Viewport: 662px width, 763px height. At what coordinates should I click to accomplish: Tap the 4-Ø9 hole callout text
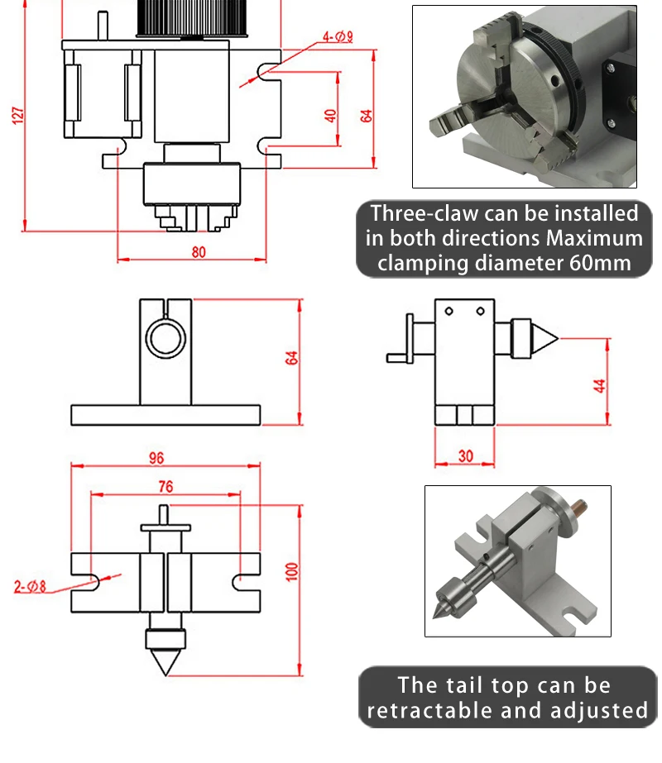pos(338,36)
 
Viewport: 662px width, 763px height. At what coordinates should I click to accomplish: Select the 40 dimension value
pos(331,115)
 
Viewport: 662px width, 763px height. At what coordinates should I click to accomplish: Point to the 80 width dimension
pos(198,252)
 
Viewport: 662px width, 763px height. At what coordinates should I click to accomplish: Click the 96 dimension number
pos(156,456)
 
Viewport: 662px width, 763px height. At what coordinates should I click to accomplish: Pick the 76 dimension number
pos(165,487)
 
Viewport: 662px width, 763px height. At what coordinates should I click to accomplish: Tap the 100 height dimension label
pos(290,571)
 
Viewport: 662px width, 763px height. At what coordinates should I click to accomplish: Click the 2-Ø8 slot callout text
pos(31,588)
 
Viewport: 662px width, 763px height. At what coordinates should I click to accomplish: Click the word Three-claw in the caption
pos(423,213)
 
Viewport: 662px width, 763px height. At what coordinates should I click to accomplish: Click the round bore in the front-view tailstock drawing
pos(164,336)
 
